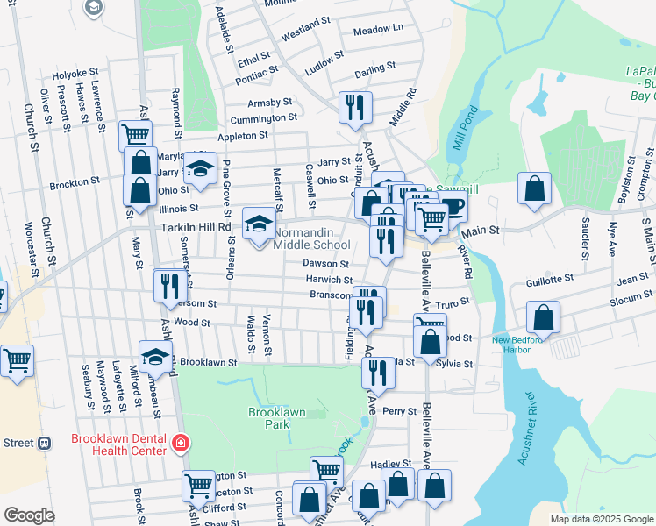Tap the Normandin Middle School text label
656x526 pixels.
coord(311,238)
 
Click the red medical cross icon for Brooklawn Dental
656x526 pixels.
coord(181,444)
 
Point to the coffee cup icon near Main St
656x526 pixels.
coord(453,207)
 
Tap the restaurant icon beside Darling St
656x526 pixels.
coord(355,107)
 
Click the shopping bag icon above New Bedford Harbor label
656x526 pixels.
coord(544,317)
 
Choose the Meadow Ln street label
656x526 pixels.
coord(377,29)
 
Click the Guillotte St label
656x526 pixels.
coord(550,277)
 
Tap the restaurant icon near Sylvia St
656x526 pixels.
coord(379,372)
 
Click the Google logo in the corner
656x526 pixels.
coord(29,515)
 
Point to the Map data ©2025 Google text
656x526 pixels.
coord(601,519)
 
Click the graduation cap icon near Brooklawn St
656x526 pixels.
coord(155,356)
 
